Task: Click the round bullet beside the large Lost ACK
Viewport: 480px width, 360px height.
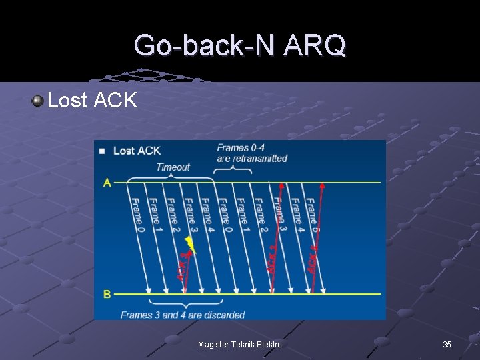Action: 37,101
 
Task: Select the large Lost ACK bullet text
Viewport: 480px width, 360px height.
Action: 92,101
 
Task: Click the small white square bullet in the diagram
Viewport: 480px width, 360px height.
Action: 102,151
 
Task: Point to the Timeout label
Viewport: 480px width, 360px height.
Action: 173,167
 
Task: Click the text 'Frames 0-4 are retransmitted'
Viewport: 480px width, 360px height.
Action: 252,153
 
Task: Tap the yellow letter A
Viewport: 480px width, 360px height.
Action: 107,183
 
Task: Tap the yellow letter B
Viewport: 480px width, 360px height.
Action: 107,293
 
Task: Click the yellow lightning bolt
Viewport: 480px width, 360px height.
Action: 191,245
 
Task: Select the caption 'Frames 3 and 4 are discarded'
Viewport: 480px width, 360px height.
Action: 183,315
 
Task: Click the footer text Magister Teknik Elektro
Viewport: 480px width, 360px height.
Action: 240,345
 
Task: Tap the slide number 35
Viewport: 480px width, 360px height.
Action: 447,345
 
